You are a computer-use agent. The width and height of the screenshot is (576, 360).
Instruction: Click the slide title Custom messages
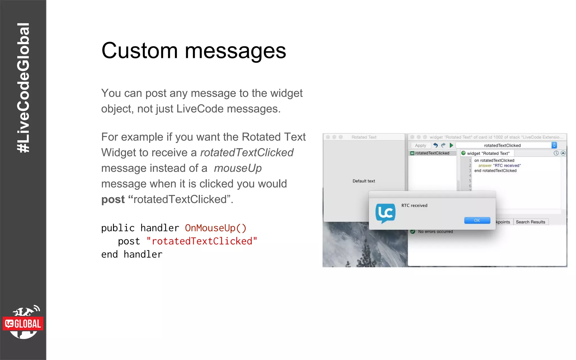coord(193,51)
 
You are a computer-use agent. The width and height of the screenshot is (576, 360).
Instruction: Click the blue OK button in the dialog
coord(477,220)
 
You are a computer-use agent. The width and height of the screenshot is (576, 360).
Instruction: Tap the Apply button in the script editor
coord(420,145)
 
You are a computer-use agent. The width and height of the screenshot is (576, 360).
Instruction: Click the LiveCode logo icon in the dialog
coord(385,213)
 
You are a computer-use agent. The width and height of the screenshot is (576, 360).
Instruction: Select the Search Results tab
coord(530,222)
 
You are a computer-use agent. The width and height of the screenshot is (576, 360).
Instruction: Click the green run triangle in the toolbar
coord(451,145)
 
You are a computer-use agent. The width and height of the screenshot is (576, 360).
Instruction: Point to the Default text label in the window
coord(364,181)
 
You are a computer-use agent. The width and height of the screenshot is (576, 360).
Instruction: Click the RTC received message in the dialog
coord(414,206)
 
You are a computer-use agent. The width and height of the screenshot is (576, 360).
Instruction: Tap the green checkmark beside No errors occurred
coord(413,231)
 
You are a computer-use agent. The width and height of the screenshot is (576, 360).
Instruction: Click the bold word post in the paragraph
coord(113,199)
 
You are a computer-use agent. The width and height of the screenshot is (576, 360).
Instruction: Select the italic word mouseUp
coord(238,168)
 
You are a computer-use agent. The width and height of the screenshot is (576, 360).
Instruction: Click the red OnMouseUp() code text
coord(215,228)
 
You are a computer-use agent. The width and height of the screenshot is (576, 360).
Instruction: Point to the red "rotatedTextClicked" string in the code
coord(202,241)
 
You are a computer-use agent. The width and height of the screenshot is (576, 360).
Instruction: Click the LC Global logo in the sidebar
coord(23,323)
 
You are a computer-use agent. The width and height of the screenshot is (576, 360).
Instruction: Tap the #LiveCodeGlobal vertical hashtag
coord(23,88)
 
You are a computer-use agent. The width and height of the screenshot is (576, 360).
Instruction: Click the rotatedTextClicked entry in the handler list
coord(432,153)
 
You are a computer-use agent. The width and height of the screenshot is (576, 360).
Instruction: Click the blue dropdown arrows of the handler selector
coord(554,145)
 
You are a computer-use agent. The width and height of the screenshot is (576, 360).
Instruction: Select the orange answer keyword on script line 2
coord(485,166)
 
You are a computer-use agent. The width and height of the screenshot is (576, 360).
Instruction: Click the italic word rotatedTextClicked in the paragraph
coord(247,153)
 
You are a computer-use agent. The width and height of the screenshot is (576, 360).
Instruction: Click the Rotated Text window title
coord(364,137)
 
